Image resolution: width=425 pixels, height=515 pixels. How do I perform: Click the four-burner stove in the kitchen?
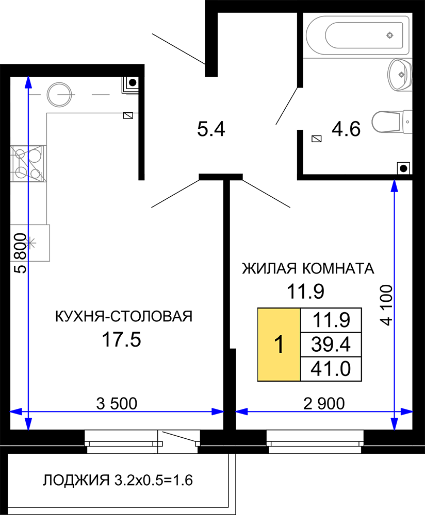click(28, 163)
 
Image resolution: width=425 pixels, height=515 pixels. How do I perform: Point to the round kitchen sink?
click(59, 95)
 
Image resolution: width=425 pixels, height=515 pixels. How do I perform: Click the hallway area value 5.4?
click(211, 129)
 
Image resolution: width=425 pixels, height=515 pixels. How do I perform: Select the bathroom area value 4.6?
click(346, 129)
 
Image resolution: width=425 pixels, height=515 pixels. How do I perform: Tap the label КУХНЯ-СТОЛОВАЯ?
click(124, 316)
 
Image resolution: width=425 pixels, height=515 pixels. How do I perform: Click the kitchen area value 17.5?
click(121, 339)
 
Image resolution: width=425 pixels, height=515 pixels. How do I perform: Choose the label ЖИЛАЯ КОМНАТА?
click(308, 268)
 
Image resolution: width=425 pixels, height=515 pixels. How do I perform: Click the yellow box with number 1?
click(279, 345)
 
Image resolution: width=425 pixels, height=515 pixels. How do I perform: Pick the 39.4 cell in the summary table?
click(331, 345)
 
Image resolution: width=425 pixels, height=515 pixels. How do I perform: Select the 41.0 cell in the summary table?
click(331, 369)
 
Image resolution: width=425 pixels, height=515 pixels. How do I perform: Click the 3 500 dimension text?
click(117, 403)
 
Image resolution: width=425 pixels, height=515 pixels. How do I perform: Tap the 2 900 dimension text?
click(324, 403)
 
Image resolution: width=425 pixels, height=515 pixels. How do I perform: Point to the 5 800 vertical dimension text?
click(20, 253)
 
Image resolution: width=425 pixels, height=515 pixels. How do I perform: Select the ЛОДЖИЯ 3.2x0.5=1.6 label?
click(118, 480)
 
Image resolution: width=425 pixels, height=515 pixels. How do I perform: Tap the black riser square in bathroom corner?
click(404, 168)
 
